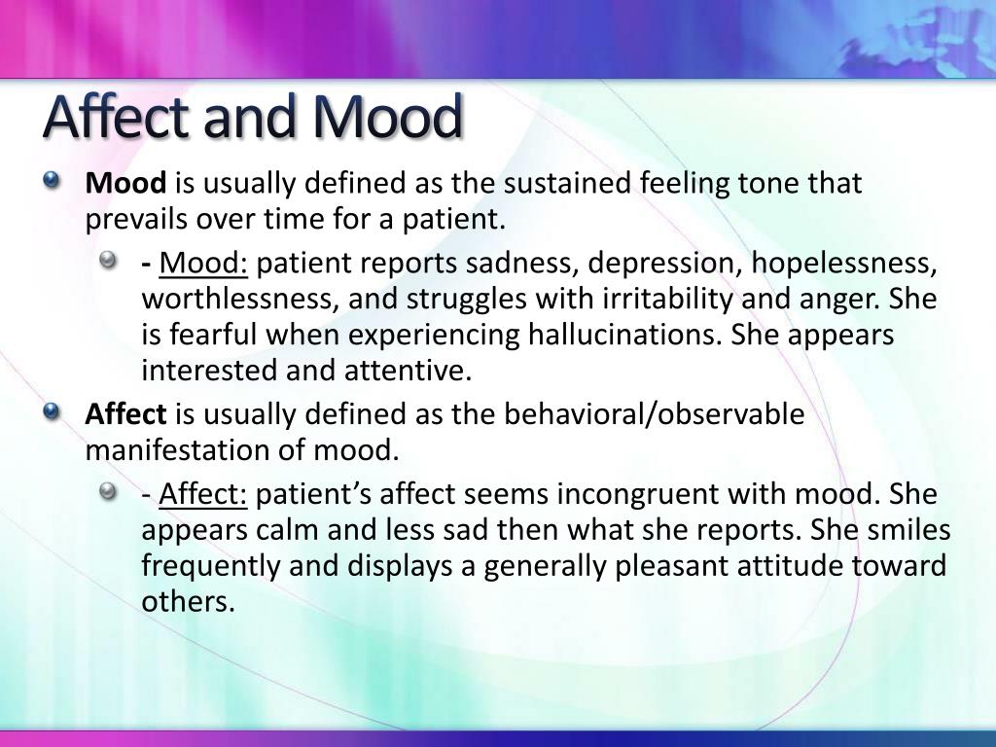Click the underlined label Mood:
click(204, 264)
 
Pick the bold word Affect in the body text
click(126, 415)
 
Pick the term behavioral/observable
click(655, 415)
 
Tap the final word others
click(189, 602)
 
